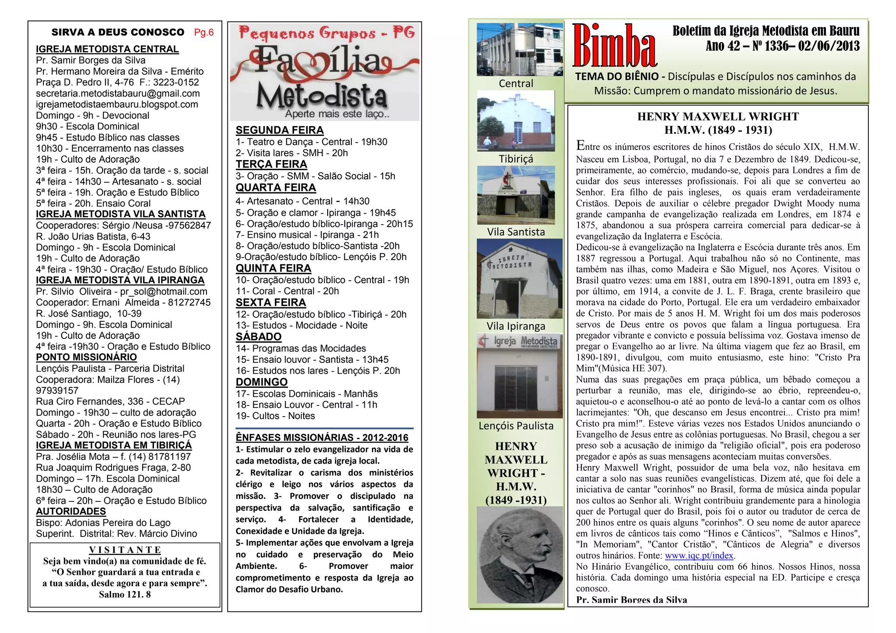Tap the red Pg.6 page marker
click(204, 32)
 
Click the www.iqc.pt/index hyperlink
click(699, 556)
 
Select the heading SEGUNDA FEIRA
click(280, 130)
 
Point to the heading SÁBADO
click(259, 337)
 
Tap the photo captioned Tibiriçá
click(516, 120)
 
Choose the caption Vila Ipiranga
click(516, 326)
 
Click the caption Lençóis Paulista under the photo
click(516, 426)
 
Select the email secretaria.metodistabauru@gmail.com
click(118, 94)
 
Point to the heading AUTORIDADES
click(71, 511)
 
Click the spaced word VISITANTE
click(125, 550)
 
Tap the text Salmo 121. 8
click(125, 594)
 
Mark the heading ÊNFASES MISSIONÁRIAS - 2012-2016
click(322, 438)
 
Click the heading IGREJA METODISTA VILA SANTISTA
click(120, 214)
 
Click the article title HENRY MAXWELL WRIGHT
click(717, 117)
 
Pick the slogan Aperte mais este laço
click(337, 114)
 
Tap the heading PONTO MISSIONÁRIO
click(86, 357)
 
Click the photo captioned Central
click(519, 49)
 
